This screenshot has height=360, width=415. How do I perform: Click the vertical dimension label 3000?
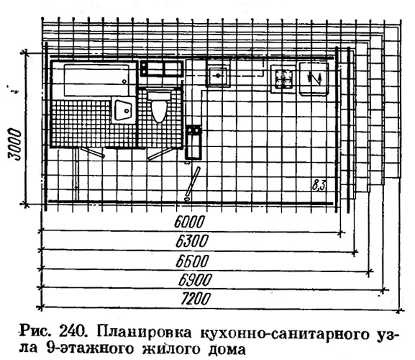click(14, 144)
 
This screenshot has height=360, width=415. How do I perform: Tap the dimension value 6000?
click(189, 222)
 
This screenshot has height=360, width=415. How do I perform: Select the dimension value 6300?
click(192, 241)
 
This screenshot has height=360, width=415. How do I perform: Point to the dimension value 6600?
click(193, 261)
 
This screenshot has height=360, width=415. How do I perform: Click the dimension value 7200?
click(196, 299)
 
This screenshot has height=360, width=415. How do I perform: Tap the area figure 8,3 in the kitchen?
click(319, 185)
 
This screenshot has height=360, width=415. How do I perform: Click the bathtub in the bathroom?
click(96, 80)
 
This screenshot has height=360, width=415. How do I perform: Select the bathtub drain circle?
click(124, 81)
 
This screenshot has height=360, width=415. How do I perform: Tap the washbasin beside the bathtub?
click(123, 110)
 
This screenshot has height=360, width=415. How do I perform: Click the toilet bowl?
click(160, 107)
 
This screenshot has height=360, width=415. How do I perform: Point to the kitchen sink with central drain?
click(218, 76)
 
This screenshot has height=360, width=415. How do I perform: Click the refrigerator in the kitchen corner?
click(314, 78)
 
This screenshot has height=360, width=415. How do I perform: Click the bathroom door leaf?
click(92, 152)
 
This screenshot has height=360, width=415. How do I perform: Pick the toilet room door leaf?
click(160, 154)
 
